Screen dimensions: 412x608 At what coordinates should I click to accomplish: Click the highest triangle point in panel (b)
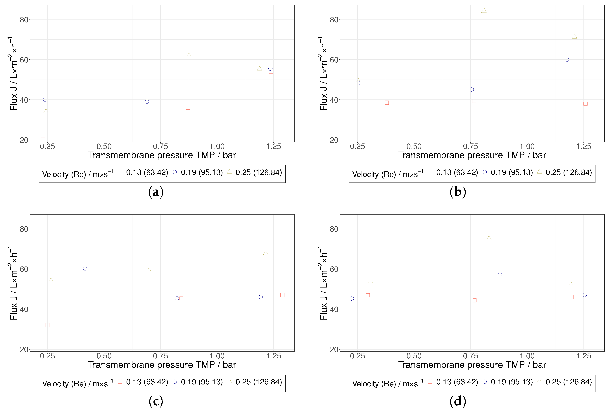click(x=484, y=11)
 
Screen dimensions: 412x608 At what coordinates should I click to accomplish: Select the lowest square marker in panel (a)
click(x=43, y=136)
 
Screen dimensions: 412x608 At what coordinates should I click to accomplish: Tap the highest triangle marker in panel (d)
click(x=489, y=238)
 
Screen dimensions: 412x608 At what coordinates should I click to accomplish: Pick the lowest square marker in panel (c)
click(x=47, y=325)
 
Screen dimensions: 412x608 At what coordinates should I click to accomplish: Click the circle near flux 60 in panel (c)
click(x=85, y=269)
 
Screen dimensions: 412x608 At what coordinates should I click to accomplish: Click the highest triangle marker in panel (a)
click(x=189, y=55)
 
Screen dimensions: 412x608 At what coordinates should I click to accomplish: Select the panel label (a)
click(x=156, y=192)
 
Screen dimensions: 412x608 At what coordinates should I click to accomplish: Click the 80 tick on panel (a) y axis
click(x=24, y=20)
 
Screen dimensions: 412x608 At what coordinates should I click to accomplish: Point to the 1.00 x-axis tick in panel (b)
click(x=527, y=146)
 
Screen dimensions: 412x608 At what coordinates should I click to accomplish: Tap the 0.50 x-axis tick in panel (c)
click(x=104, y=356)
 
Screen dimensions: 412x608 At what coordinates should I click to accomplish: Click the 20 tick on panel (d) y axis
click(x=334, y=349)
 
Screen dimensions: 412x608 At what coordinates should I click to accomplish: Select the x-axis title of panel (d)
click(x=472, y=365)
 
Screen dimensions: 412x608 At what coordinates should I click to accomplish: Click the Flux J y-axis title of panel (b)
click(x=324, y=73)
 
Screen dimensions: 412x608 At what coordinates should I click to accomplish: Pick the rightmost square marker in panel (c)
click(x=282, y=295)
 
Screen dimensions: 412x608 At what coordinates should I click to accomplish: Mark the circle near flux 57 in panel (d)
click(x=500, y=275)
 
